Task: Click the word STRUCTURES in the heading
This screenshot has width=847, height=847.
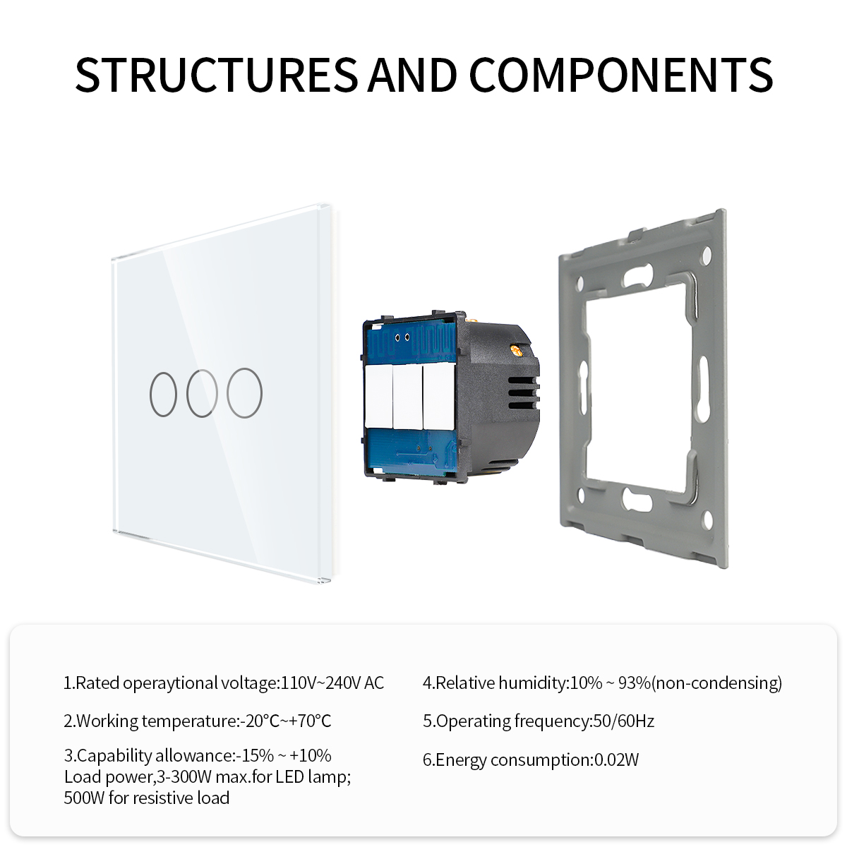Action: [217, 75]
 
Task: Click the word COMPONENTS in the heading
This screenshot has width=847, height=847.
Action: [621, 75]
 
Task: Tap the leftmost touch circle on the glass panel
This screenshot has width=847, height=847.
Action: [164, 394]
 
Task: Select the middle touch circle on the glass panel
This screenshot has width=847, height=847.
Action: [202, 393]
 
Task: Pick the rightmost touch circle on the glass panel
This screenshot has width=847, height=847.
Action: [244, 393]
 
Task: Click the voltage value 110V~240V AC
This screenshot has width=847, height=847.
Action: [332, 683]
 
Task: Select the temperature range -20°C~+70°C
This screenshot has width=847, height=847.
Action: [286, 721]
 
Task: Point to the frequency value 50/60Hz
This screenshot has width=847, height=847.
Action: [624, 721]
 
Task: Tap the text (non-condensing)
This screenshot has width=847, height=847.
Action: [717, 683]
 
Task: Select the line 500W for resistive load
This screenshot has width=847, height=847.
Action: [147, 798]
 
